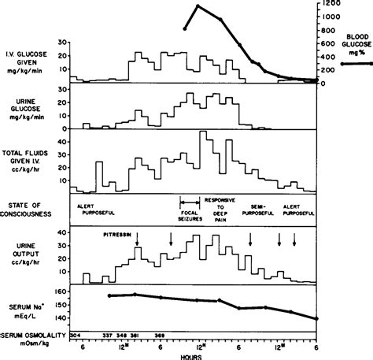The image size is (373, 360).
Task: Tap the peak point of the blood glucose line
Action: coord(198,7)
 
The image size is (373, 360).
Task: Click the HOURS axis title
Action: coord(191,354)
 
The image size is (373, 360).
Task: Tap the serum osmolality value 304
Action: coord(76,333)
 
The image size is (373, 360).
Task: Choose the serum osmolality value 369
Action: coord(160,333)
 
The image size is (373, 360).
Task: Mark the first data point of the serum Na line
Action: coord(109,295)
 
